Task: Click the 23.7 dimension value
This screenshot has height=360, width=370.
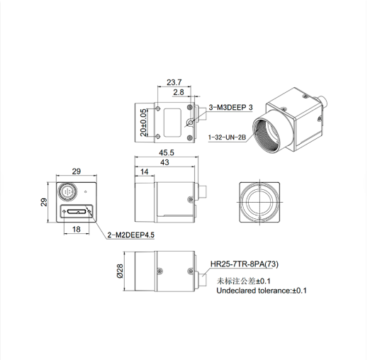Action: click(x=174, y=82)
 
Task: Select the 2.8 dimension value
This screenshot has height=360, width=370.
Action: click(x=179, y=92)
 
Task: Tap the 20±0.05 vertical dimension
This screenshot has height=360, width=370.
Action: click(x=143, y=123)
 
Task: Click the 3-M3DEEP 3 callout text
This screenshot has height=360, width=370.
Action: click(x=230, y=108)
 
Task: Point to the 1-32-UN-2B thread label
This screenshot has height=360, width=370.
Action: click(x=227, y=137)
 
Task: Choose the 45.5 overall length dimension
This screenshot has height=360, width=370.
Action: click(x=167, y=152)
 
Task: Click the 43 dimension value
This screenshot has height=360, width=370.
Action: click(x=164, y=162)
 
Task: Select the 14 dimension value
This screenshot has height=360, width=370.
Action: click(x=144, y=171)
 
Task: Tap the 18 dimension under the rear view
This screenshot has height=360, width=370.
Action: click(x=77, y=229)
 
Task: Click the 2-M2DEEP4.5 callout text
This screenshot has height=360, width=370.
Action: click(x=131, y=235)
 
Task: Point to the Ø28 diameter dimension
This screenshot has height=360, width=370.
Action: click(x=120, y=271)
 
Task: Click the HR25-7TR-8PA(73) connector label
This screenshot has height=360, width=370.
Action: click(x=245, y=264)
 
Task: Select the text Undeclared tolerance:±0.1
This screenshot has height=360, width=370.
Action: click(x=262, y=291)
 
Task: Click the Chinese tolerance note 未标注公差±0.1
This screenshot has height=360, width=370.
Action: click(x=244, y=281)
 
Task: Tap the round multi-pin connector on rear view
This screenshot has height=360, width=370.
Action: click(x=67, y=191)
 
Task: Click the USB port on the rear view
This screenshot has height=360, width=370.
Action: click(x=77, y=211)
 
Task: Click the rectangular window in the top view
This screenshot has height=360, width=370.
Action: click(x=172, y=123)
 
